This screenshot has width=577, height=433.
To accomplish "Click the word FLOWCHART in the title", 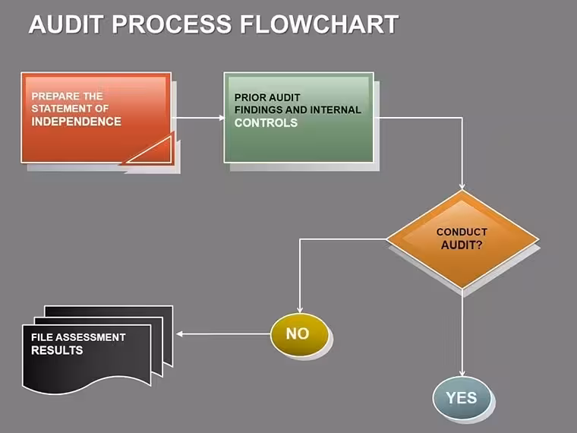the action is (320, 24).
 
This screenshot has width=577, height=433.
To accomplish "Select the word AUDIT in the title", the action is (65, 24).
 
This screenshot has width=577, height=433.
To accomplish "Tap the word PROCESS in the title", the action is (172, 24).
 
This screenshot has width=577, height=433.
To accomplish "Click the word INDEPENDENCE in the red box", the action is (76, 122).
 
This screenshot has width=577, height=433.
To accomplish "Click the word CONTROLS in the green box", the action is (266, 122).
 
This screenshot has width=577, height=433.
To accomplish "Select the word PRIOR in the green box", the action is (247, 97).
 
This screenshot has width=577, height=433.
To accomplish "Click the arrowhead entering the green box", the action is (222, 118).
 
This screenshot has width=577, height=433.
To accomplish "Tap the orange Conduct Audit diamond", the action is (462, 239).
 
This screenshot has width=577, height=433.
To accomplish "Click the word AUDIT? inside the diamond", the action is (462, 245).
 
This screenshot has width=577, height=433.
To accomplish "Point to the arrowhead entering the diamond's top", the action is (462, 187).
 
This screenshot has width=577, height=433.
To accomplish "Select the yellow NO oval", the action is (299, 334).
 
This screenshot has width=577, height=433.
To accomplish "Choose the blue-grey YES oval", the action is (462, 397).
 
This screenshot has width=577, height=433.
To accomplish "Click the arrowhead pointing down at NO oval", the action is (300, 310).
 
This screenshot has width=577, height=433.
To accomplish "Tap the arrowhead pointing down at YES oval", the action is (462, 373).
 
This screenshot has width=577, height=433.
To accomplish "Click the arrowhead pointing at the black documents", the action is (180, 334).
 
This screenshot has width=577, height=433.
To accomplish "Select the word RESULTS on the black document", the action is (57, 350).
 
